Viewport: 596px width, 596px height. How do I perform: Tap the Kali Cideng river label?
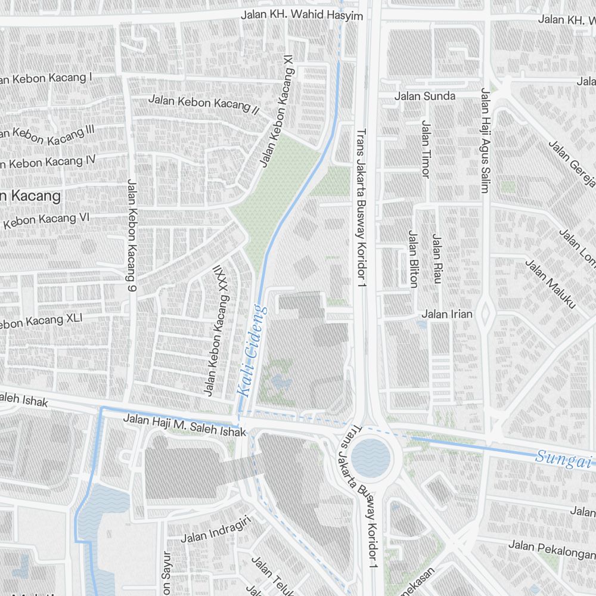tap(252, 352)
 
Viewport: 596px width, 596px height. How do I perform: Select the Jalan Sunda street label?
tap(425, 96)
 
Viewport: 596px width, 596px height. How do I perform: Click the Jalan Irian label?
tap(447, 314)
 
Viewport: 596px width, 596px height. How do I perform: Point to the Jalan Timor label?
tap(426, 148)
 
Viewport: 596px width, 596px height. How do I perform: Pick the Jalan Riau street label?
tap(437, 259)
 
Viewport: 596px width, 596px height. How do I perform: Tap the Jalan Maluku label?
tap(550, 284)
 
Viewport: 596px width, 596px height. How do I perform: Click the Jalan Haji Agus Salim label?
tap(485, 141)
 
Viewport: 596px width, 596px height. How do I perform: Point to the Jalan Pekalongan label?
tap(551, 545)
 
